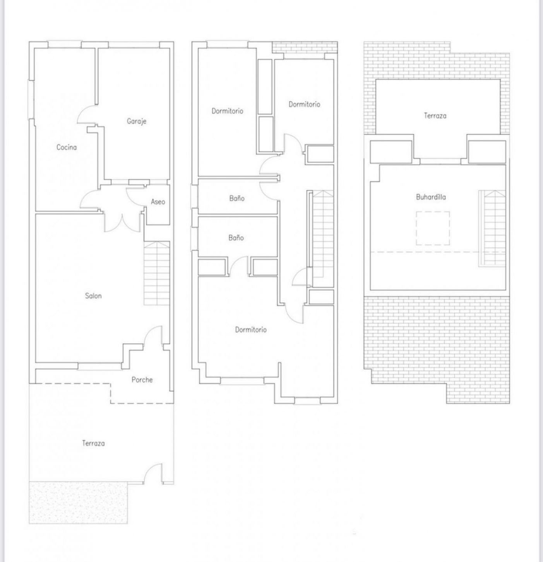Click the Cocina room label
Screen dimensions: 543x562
[x=67, y=147]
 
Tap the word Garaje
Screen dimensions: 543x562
[x=137, y=121]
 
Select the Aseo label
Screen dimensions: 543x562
[x=158, y=201]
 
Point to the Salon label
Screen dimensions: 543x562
[x=93, y=296]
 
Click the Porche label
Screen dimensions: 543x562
[x=142, y=380]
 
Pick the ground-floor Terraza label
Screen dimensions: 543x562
[x=93, y=443]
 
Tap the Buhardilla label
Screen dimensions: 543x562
[x=431, y=197]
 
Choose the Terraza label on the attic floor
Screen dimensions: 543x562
[x=435, y=116]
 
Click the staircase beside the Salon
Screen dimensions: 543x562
[x=157, y=273]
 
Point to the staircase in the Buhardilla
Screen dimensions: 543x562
[x=492, y=229]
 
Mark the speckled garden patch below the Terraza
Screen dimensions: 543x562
[x=78, y=502]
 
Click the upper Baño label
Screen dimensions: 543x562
[x=237, y=198]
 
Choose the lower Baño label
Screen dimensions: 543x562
[x=236, y=238]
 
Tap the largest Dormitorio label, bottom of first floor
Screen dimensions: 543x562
[x=251, y=330]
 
